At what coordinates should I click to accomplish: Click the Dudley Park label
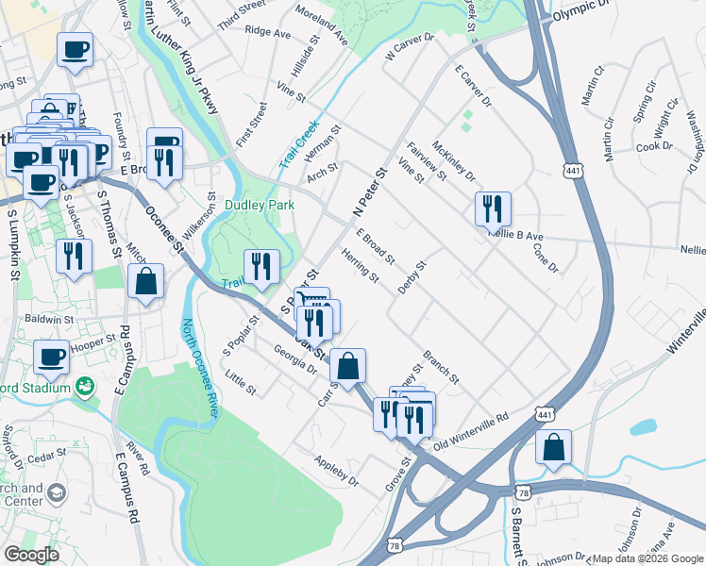click(260, 205)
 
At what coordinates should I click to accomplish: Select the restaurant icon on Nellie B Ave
click(493, 208)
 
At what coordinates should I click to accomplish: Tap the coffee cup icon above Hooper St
click(52, 357)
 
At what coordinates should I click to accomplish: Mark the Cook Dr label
click(653, 146)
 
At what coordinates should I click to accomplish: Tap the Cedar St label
click(44, 458)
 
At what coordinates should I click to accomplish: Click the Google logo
click(30, 555)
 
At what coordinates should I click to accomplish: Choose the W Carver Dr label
click(409, 48)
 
